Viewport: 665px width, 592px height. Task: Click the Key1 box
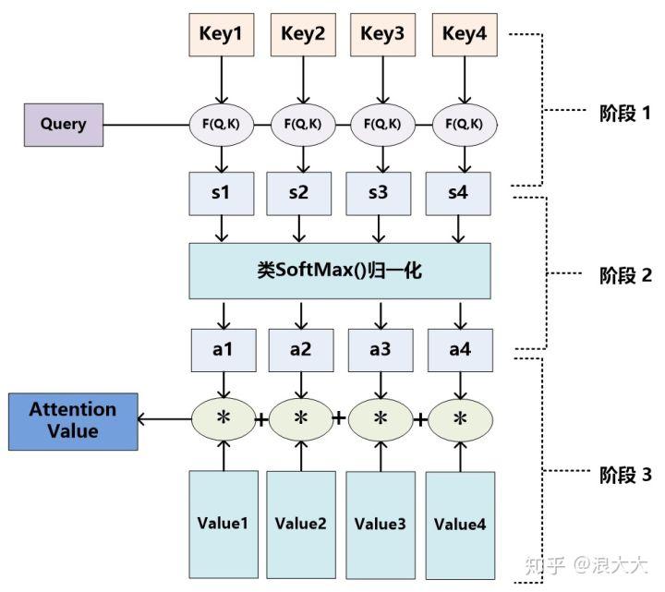(x=221, y=34)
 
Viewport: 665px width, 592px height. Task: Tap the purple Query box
(x=63, y=124)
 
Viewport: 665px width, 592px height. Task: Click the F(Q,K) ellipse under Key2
(x=300, y=124)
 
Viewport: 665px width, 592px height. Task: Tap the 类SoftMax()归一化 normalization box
(x=340, y=271)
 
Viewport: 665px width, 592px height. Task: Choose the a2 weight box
(x=300, y=349)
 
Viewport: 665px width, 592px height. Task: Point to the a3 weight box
(x=381, y=349)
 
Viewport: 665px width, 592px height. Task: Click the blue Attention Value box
(x=73, y=421)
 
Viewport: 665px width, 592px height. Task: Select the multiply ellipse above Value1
(x=222, y=418)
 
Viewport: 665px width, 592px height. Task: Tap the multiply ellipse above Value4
(x=460, y=418)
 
